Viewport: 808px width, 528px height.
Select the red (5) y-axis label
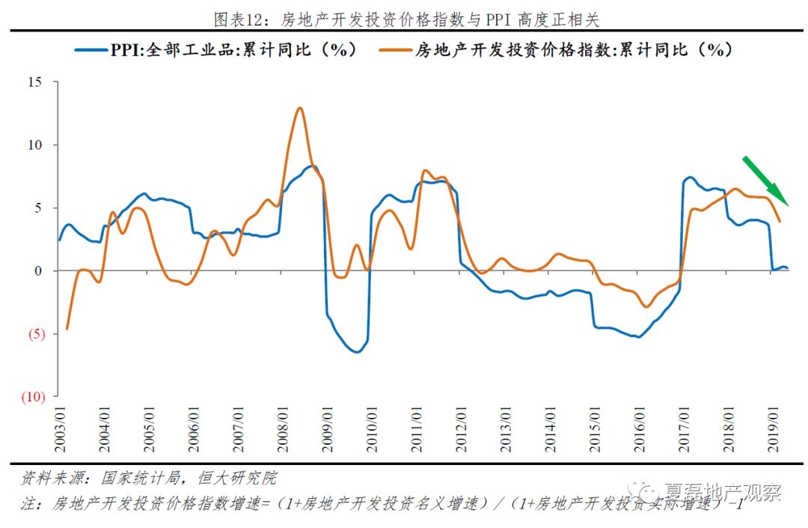click(34, 334)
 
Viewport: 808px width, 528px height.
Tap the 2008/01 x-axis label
click(284, 429)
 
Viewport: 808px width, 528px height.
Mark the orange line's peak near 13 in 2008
click(299, 108)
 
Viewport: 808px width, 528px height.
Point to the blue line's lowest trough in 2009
click(355, 352)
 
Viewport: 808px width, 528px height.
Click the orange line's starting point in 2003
click(67, 328)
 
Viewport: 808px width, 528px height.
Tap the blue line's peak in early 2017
click(690, 177)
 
